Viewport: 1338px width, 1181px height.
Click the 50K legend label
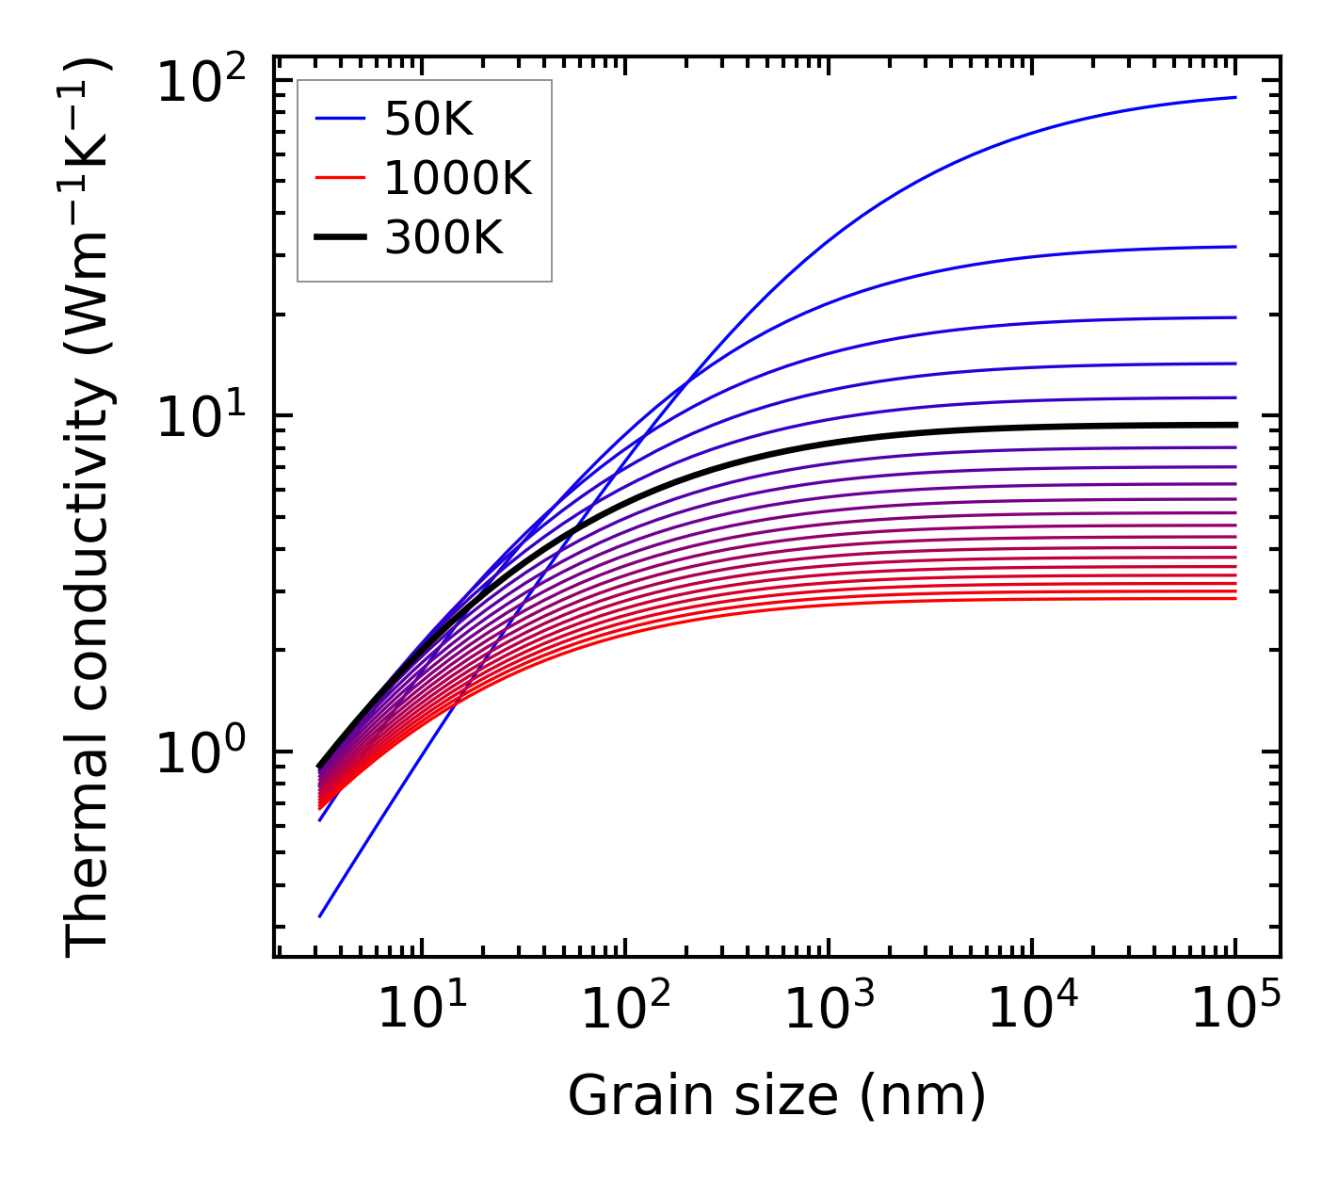point(428,119)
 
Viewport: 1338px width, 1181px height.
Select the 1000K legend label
point(458,178)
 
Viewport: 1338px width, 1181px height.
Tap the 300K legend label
point(443,238)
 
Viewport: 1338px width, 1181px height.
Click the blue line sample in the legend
point(339,119)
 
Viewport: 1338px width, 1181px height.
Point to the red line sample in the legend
point(339,178)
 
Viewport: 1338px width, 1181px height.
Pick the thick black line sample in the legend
point(339,238)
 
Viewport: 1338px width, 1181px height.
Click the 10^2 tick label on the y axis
point(201,82)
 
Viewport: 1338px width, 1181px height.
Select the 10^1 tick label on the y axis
point(201,417)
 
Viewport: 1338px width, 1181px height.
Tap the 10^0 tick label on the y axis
point(201,754)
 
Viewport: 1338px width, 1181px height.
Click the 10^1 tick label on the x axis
point(421,1009)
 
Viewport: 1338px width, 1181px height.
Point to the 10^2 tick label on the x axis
point(624,1009)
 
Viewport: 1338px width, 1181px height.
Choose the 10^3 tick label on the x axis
point(828,1009)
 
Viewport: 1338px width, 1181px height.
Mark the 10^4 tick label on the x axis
point(1031,1009)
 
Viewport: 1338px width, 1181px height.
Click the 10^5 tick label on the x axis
point(1234,1009)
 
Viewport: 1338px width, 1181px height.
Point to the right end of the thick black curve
point(1234,425)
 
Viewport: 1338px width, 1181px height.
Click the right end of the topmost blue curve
point(1234,97)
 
